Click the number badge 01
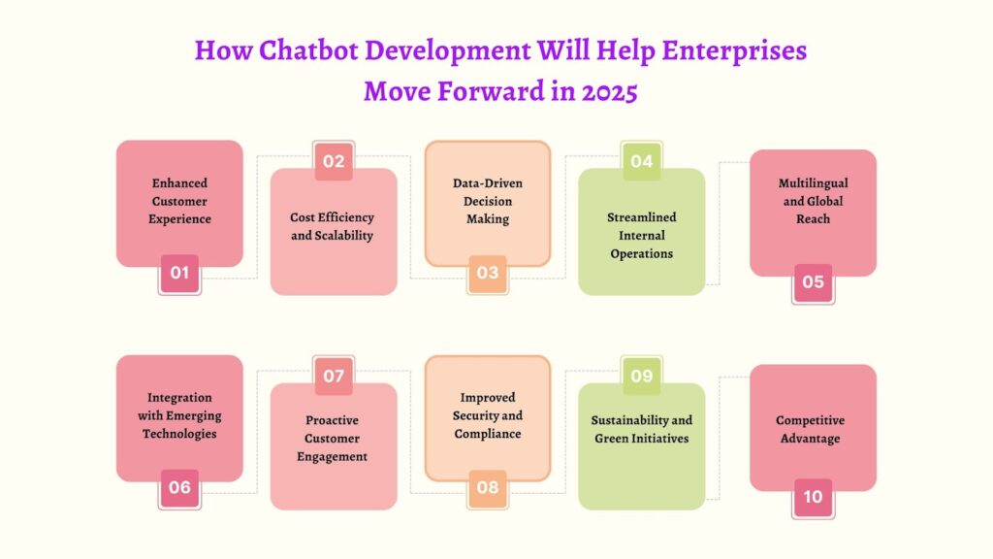(179, 273)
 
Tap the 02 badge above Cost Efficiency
(334, 161)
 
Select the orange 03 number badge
(488, 273)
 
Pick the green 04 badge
(642, 161)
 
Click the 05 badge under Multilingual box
(814, 282)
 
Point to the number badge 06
(179, 488)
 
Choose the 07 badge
(334, 376)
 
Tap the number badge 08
(488, 488)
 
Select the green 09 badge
(642, 376)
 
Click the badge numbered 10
(814, 497)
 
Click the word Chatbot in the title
(309, 50)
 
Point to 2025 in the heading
(609, 91)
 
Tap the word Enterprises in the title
(734, 51)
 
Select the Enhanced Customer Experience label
(179, 201)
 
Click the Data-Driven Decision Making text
(488, 201)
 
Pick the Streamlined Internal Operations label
(642, 235)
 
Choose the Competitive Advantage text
(810, 429)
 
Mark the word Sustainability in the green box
(624, 420)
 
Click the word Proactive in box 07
(332, 420)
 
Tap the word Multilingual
(814, 183)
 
